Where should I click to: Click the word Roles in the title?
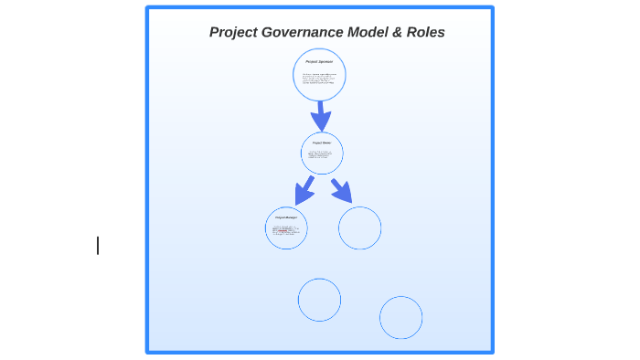click(x=427, y=32)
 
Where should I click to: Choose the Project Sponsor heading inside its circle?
click(x=319, y=61)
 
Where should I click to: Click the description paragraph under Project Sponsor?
click(x=319, y=79)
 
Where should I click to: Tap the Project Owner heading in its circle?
click(x=322, y=143)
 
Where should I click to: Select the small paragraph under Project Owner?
click(x=321, y=156)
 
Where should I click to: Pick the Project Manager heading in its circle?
click(x=286, y=217)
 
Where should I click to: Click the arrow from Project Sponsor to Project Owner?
click(x=320, y=115)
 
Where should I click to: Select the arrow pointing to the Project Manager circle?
click(x=304, y=191)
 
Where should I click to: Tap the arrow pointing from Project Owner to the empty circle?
click(x=342, y=190)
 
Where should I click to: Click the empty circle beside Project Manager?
click(x=359, y=228)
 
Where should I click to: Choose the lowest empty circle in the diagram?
click(x=400, y=317)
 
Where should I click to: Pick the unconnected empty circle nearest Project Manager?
click(x=319, y=300)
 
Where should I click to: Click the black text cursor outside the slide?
click(x=98, y=245)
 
